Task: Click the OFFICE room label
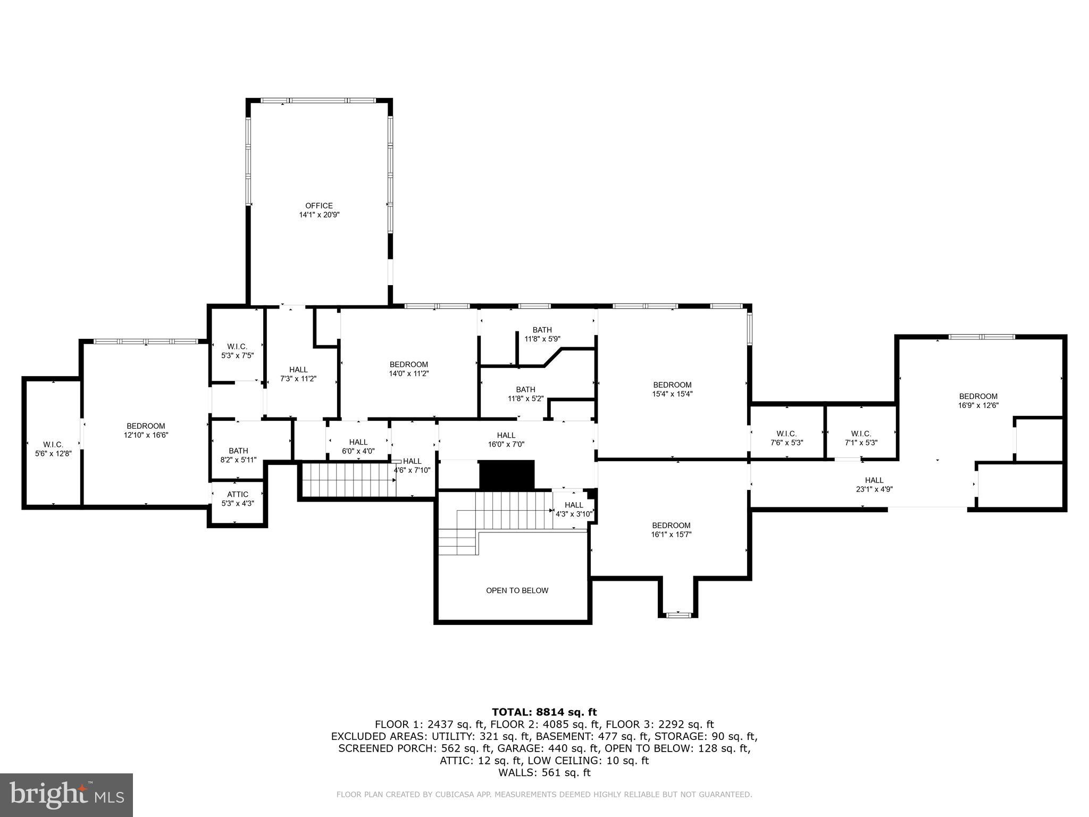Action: [x=319, y=206]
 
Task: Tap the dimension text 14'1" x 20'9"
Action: [x=319, y=215]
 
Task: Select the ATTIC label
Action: [x=238, y=494]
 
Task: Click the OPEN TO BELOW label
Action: [x=517, y=590]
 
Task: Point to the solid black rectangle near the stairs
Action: [x=506, y=474]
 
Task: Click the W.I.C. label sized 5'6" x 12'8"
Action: [x=53, y=444]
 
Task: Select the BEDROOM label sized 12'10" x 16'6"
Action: [x=146, y=426]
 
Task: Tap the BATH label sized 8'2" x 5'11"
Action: [x=238, y=451]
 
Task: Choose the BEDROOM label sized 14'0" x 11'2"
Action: [x=408, y=364]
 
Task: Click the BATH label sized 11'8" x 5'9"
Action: [x=542, y=330]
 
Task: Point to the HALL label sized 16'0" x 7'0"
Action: [x=506, y=435]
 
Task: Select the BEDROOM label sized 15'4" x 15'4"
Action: [x=672, y=385]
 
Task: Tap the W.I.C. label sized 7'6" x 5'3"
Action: [x=786, y=433]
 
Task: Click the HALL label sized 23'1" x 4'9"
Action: [x=874, y=480]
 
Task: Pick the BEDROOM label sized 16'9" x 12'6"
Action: [x=978, y=396]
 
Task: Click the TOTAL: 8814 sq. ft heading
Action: [x=544, y=712]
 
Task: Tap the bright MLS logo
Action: [x=66, y=795]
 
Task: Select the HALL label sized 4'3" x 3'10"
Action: [x=573, y=505]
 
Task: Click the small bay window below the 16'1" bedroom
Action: [x=677, y=615]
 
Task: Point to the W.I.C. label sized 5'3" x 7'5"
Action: [x=237, y=346]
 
